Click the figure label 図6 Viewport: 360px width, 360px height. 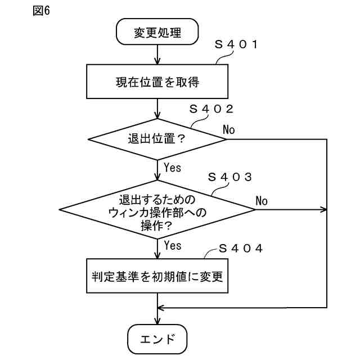coord(41,12)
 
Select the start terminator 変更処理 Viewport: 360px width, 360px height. coord(157,32)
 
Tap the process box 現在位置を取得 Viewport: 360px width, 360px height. coord(157,82)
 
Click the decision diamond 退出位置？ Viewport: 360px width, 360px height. coord(157,138)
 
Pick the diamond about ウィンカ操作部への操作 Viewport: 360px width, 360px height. coord(157,210)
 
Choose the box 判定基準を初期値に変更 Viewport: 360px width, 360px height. coord(157,276)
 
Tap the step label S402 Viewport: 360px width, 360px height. coord(211,109)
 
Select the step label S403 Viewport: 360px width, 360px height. coord(229,177)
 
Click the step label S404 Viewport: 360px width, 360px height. coord(240,248)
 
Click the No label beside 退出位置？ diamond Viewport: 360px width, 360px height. coord(229,130)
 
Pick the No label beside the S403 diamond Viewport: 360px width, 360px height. coord(262,201)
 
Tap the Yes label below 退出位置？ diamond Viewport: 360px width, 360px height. coord(173,167)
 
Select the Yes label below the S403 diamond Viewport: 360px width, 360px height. coord(173,246)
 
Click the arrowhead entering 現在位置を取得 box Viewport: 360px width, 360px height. coord(157,61)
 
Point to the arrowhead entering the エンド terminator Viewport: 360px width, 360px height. coord(157,321)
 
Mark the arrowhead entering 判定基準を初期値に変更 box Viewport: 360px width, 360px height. coord(157,255)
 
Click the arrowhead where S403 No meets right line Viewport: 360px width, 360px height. coord(323,210)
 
